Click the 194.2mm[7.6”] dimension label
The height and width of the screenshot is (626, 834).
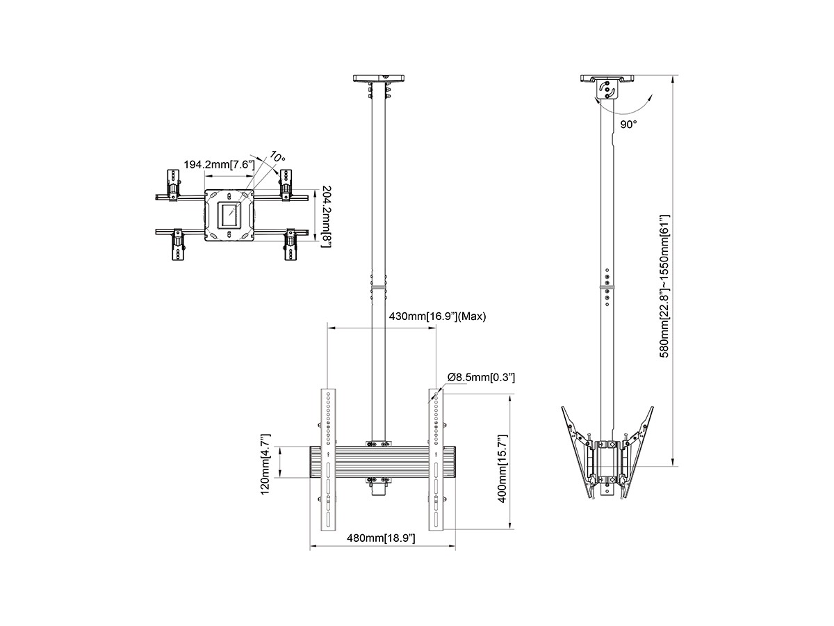(219, 165)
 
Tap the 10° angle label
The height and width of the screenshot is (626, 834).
(277, 156)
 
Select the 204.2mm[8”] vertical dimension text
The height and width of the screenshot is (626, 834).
(327, 216)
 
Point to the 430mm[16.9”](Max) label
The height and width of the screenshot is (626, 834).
(437, 316)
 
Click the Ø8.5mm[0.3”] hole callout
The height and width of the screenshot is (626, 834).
(481, 378)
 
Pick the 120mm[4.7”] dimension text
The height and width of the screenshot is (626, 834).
(265, 464)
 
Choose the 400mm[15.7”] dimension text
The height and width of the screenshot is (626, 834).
(502, 469)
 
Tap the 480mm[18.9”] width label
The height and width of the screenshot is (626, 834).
(381, 538)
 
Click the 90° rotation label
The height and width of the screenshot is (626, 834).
(629, 125)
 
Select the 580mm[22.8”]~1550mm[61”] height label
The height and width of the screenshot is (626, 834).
(664, 286)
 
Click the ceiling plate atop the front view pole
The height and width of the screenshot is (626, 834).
(379, 79)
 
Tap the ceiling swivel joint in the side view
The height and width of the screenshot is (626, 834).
(607, 89)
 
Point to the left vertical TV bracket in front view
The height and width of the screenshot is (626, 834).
(329, 459)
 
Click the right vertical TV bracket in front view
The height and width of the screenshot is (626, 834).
(436, 459)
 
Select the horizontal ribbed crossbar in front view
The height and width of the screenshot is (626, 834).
(383, 462)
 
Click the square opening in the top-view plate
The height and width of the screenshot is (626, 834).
(229, 216)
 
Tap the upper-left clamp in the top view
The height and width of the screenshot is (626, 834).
(173, 185)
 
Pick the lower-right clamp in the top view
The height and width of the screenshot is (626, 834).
(291, 244)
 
